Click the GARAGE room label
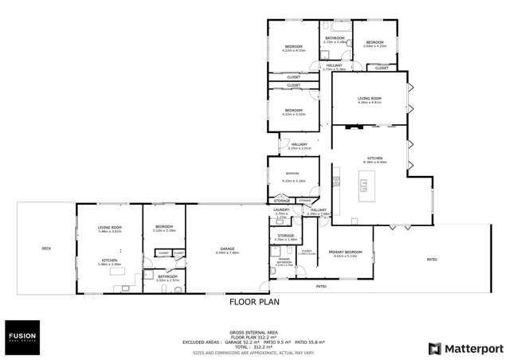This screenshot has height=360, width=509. pyautogui.click(x=227, y=248)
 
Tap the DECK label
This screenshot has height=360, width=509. pyautogui.click(x=46, y=249)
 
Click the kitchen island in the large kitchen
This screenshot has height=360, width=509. pyautogui.click(x=363, y=186)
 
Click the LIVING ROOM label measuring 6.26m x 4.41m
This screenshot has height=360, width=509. pyautogui.click(x=370, y=99)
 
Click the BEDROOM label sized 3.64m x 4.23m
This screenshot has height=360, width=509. pyautogui.click(x=374, y=42)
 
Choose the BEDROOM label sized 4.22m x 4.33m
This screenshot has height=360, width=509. pyautogui.click(x=294, y=47)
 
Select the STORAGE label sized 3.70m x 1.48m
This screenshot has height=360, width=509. pyautogui.click(x=285, y=236)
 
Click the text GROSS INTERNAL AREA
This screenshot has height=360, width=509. pyautogui.click(x=254, y=332)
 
